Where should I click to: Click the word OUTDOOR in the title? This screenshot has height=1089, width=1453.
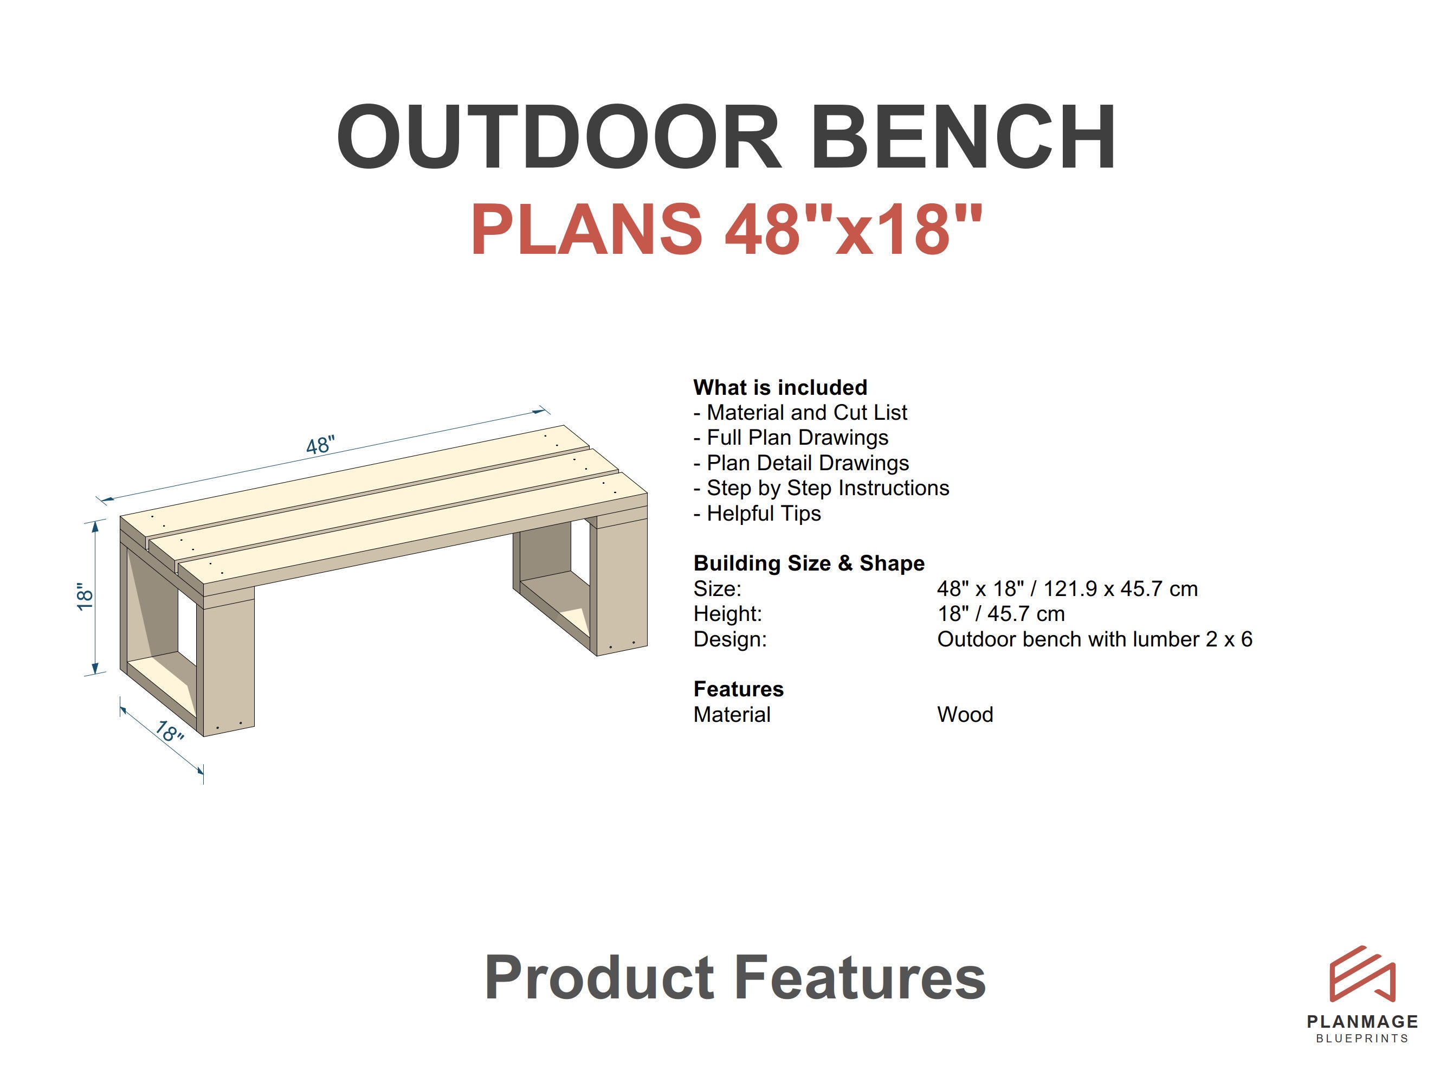(558, 137)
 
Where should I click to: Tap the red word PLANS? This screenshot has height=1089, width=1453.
(586, 229)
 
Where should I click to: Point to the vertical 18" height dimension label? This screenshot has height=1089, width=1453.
(85, 596)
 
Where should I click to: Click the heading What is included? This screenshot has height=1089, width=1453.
(780, 387)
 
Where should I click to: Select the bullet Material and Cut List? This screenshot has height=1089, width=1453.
(800, 413)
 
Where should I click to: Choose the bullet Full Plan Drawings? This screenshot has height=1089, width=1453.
(791, 438)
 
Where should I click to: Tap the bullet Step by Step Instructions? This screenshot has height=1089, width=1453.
(821, 488)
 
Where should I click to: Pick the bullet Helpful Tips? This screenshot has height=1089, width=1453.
(757, 513)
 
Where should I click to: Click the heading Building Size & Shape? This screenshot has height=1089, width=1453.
(809, 563)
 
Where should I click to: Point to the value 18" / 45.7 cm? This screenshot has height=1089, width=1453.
(1000, 614)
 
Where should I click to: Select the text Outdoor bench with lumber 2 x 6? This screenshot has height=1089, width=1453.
(1094, 639)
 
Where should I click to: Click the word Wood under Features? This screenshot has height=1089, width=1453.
(965, 714)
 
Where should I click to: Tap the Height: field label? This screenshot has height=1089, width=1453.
(728, 614)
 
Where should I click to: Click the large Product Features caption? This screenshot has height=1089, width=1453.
(735, 978)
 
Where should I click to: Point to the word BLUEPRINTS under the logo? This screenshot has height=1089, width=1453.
(1362, 1039)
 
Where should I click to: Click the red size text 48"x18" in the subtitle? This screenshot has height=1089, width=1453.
(853, 229)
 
